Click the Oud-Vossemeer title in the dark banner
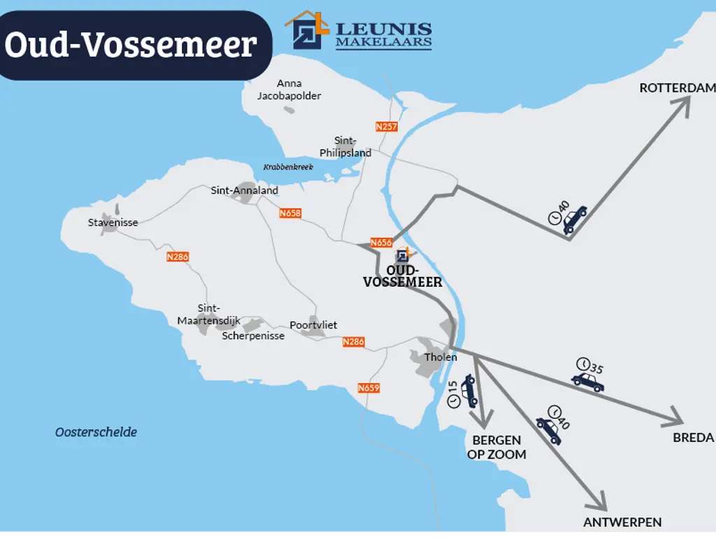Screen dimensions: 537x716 [x=131, y=45]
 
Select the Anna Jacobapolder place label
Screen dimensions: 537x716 [x=289, y=89]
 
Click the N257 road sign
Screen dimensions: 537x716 [x=386, y=127]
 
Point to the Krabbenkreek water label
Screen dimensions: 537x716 [x=288, y=167]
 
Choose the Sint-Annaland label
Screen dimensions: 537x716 [x=245, y=190]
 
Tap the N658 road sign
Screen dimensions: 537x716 [x=289, y=213]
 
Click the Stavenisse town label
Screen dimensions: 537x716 [x=113, y=222]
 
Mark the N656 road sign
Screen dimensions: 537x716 [x=381, y=243]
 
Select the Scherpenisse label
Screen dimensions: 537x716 [x=253, y=336]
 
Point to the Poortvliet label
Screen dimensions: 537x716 [x=313, y=325]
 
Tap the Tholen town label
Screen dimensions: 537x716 [x=441, y=357]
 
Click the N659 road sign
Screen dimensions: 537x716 [x=368, y=388]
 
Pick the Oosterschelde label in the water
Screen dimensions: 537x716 [x=96, y=432]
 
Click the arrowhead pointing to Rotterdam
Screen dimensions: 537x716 [x=682, y=103]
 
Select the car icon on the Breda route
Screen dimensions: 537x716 [x=588, y=382]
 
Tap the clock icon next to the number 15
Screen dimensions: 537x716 [x=453, y=401]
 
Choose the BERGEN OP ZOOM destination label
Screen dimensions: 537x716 [x=496, y=447]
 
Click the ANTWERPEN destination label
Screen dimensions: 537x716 [x=622, y=522]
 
